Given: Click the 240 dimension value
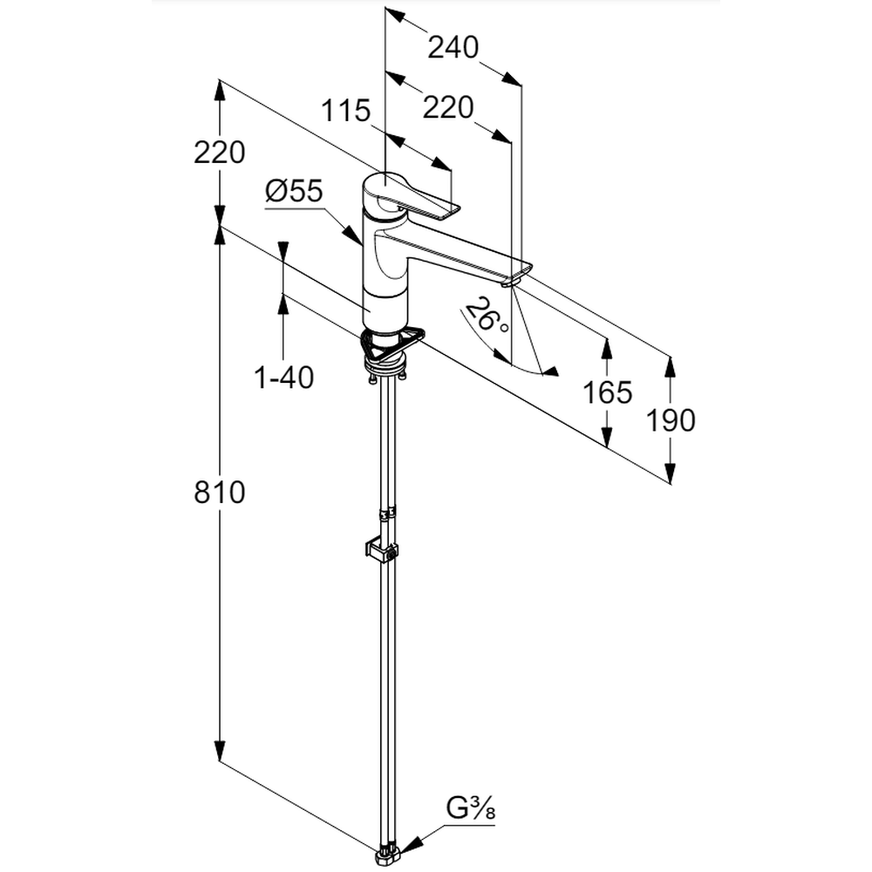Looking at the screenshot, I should pyautogui.click(x=453, y=47).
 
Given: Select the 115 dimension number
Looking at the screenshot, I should pyautogui.click(x=346, y=111).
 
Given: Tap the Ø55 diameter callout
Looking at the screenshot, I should pyautogui.click(x=293, y=190).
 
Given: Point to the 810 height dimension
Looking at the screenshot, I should pyautogui.click(x=220, y=493).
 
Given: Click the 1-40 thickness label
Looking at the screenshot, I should pyautogui.click(x=284, y=377).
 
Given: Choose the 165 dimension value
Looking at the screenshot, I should pyautogui.click(x=607, y=392).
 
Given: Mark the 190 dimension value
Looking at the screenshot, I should pyautogui.click(x=671, y=420).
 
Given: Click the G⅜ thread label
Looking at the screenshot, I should pyautogui.click(x=471, y=810).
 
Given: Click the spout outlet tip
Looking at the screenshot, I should pyautogui.click(x=512, y=280).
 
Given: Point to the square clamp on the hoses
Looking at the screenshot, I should pyautogui.click(x=380, y=550).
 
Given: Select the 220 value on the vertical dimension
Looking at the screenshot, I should pyautogui.click(x=219, y=153).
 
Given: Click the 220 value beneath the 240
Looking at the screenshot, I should pyautogui.click(x=447, y=108).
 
